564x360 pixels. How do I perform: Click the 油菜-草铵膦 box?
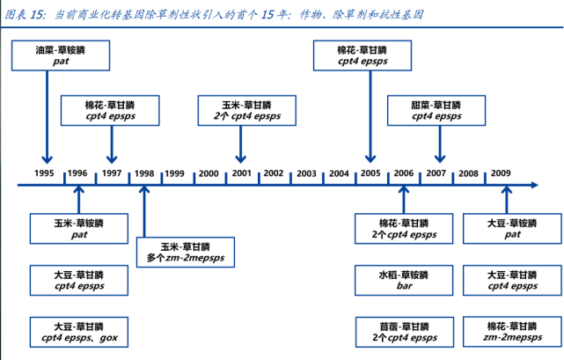(x=61, y=55)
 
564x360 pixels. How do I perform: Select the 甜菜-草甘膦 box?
(x=436, y=111)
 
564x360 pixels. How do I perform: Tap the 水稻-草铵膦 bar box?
(x=404, y=281)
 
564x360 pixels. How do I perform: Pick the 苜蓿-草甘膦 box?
(x=404, y=332)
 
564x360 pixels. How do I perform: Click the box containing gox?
(x=79, y=332)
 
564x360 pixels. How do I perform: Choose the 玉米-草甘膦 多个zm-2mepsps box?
(x=186, y=252)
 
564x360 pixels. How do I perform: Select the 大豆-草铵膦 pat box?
(x=512, y=229)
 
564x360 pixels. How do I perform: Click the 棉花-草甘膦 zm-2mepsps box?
(x=512, y=332)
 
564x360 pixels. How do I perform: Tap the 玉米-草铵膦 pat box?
(x=79, y=229)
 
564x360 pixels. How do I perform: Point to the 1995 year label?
(x=44, y=173)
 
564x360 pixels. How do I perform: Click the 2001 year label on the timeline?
(x=241, y=173)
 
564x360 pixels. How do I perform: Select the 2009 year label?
(x=501, y=173)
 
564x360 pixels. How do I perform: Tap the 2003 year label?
(x=306, y=173)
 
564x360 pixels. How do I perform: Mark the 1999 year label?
(x=174, y=173)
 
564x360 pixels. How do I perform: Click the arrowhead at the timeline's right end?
(x=534, y=185)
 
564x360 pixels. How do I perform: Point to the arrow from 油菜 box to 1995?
(x=48, y=117)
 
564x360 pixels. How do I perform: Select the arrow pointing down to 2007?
(x=440, y=144)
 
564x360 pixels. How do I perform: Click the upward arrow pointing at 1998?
(x=144, y=211)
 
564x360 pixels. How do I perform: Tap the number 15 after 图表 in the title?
(x=38, y=15)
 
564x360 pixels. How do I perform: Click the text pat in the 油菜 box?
(x=61, y=62)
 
